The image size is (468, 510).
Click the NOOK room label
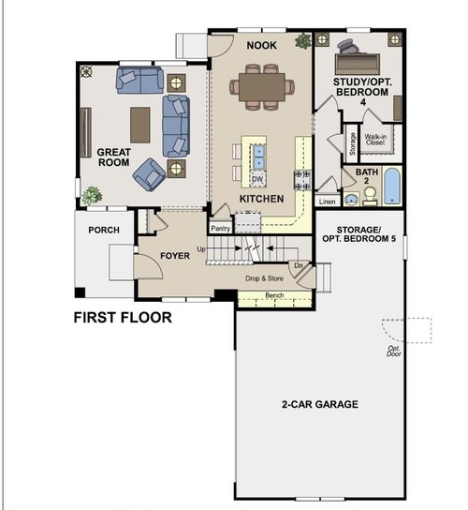261,45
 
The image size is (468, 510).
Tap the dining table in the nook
262,87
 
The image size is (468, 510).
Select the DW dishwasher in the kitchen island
257,179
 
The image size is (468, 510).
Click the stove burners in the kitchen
302,180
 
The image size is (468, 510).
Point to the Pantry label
221,229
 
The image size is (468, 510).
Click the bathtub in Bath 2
391,186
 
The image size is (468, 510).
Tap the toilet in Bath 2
370,197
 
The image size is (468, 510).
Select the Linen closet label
327,202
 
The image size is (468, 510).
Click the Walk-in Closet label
375,140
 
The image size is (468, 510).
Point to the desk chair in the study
348,46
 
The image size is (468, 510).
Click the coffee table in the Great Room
140,126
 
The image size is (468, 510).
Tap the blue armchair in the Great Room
150,174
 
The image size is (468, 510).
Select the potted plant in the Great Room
93,196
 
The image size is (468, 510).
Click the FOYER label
175,256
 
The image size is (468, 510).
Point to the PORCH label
104,230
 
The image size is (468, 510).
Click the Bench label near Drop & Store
274,295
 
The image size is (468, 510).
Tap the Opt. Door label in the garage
394,351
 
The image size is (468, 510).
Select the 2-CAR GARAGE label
320,404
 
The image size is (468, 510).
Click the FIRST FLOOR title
123,318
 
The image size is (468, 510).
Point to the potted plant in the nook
303,41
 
